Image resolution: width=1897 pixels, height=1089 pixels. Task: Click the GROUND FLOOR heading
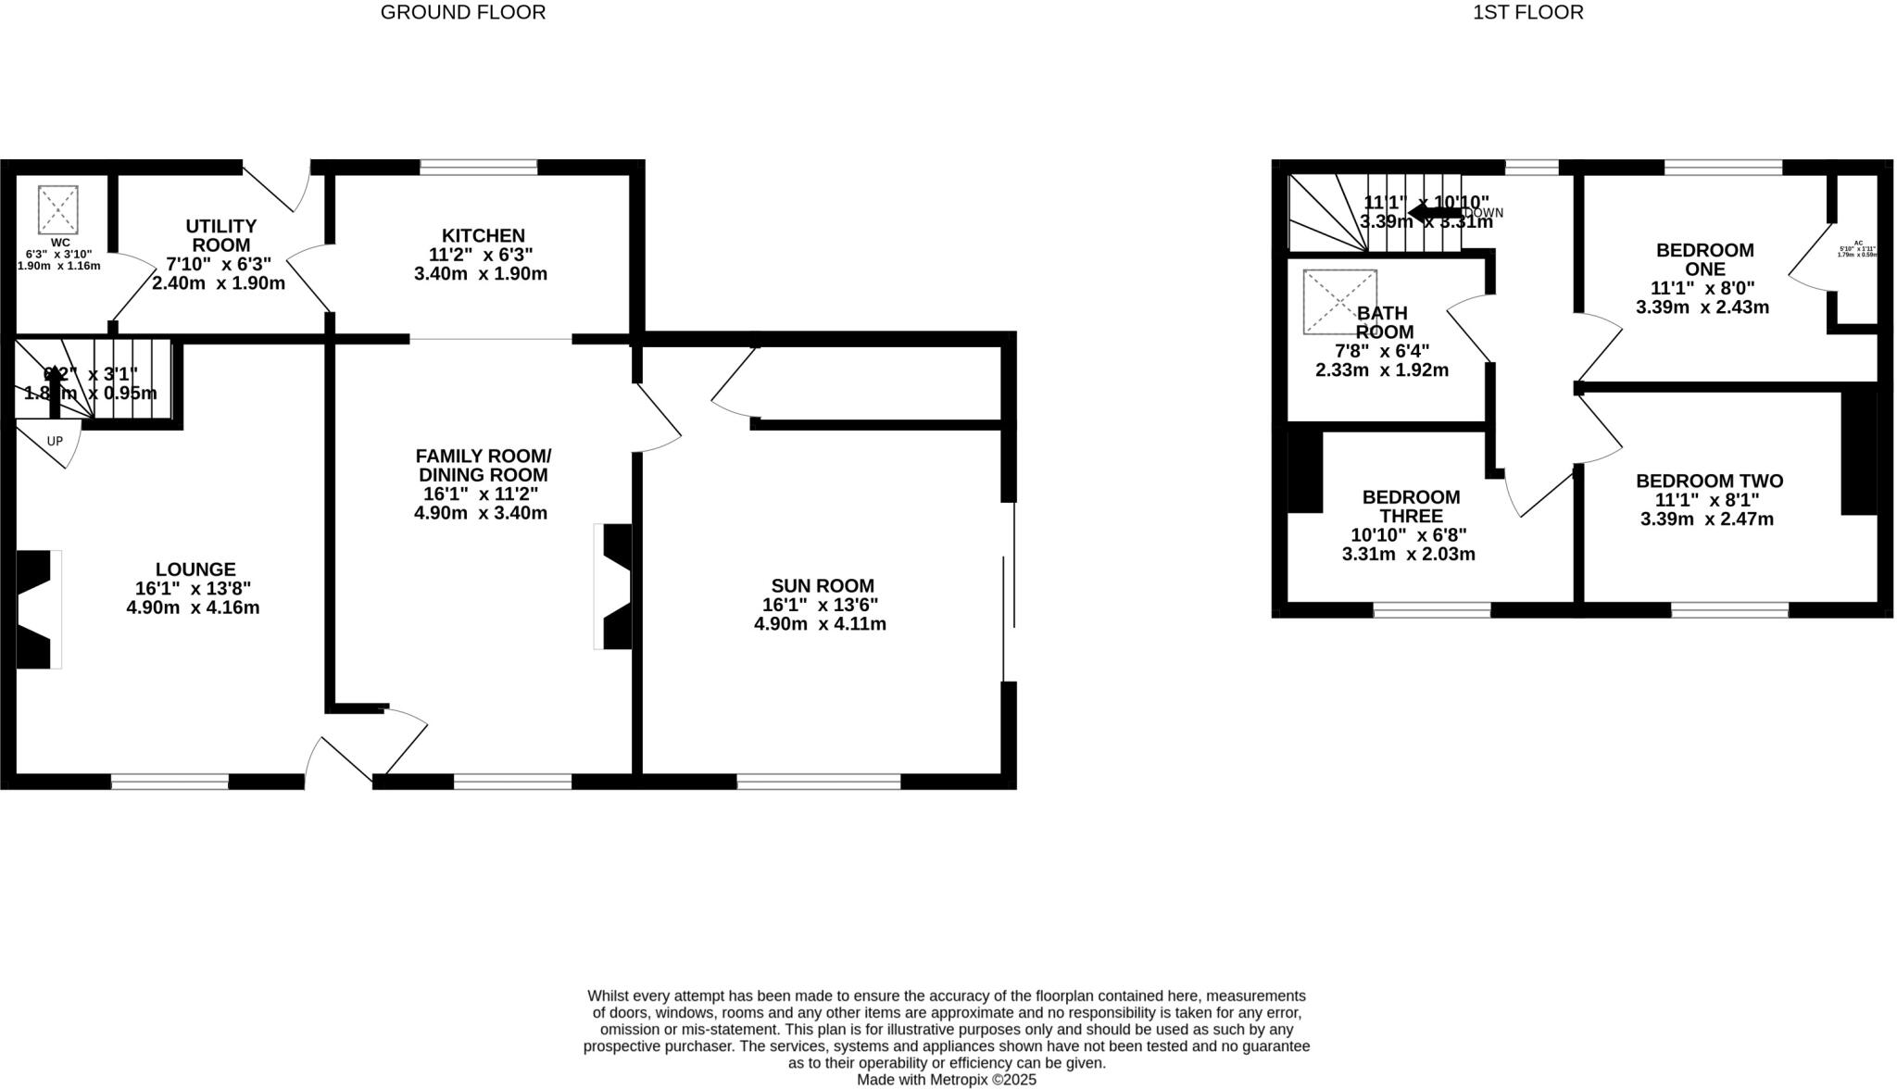(x=462, y=13)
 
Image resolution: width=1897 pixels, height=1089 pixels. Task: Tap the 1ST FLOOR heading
(x=1527, y=13)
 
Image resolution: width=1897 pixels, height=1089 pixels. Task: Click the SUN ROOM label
(x=822, y=586)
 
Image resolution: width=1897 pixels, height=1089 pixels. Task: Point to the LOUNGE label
(x=195, y=570)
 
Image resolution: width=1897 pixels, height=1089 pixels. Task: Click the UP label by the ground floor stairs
(x=55, y=442)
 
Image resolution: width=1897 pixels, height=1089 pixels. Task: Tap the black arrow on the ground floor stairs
(x=54, y=389)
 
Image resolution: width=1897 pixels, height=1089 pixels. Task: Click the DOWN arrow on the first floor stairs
(x=1434, y=213)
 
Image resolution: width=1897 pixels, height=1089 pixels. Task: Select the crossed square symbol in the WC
(x=57, y=210)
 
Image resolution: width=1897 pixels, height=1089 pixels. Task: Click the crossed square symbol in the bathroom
(x=1339, y=302)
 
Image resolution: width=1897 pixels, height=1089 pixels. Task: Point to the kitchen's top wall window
(x=478, y=168)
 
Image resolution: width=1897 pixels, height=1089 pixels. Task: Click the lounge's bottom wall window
(x=170, y=782)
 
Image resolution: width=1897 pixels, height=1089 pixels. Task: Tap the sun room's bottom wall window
(x=818, y=782)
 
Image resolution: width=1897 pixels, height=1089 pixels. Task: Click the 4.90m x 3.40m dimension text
(x=480, y=513)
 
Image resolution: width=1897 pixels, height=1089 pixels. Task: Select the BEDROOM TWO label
(x=1709, y=481)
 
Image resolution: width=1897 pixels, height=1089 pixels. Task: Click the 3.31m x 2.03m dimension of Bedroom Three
(x=1408, y=555)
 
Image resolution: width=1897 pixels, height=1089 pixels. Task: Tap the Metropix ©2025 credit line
(x=946, y=1080)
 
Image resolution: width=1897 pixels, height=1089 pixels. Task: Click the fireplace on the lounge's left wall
(x=35, y=609)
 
